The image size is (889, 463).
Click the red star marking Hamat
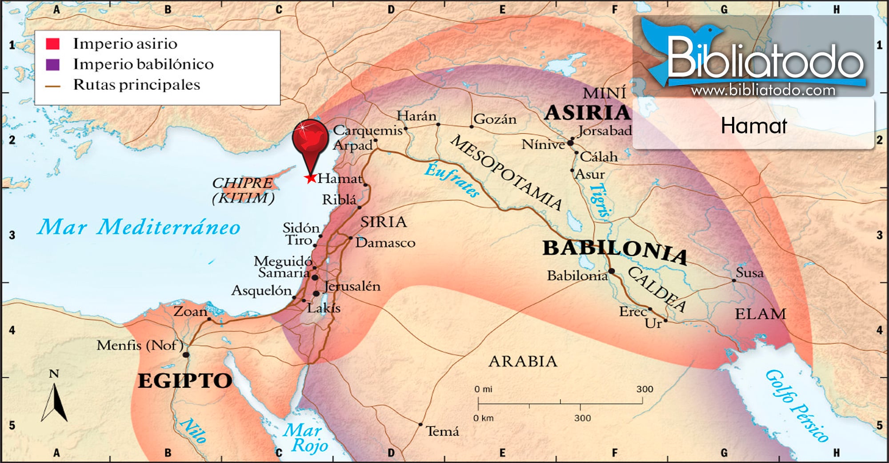coord(310,178)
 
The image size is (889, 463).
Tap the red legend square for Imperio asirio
coord(52,44)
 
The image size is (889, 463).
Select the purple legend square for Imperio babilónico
coord(52,64)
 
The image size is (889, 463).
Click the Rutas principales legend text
coord(136,84)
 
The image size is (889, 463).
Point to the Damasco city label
coord(385,243)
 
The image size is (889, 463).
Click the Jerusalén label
coord(352,286)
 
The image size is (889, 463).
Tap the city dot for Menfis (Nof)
coord(186,355)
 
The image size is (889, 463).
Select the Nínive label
coord(543,144)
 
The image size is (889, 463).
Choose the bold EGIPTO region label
coord(185,381)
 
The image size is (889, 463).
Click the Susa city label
coord(749,272)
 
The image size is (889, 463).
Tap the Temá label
coord(442,431)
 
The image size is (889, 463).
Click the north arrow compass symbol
coord(54,400)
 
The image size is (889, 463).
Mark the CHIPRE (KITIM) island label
coord(243,190)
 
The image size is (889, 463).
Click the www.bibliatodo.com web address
coord(763,91)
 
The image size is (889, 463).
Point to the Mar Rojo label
coord(306,437)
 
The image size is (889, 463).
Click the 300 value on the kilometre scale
coord(582,418)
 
